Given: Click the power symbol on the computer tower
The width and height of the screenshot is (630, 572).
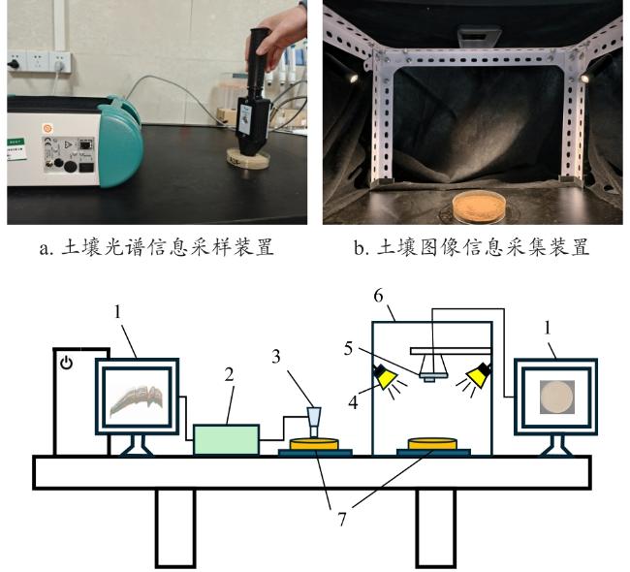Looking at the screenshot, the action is pyautogui.click(x=66, y=364).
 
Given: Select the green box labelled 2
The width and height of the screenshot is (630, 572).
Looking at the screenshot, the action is pyautogui.click(x=226, y=440).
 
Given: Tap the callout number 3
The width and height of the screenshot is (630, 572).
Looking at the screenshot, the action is pyautogui.click(x=276, y=357).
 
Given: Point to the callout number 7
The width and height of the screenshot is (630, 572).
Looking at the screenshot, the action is pyautogui.click(x=341, y=520).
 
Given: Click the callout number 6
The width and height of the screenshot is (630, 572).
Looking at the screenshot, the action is pyautogui.click(x=378, y=297).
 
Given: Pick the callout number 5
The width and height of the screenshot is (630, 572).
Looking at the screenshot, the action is pyautogui.click(x=348, y=348).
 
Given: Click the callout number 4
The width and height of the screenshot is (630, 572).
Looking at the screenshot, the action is pyautogui.click(x=353, y=402).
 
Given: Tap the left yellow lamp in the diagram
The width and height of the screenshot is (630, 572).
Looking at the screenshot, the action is pyautogui.click(x=385, y=377).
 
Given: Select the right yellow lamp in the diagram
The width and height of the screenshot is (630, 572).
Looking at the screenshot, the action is pyautogui.click(x=479, y=375).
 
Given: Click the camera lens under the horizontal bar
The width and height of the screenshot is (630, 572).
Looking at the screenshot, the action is pyautogui.click(x=432, y=367).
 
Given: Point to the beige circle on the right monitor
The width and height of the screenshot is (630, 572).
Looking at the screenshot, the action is pyautogui.click(x=557, y=397).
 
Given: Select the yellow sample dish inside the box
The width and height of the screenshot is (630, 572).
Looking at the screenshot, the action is pyautogui.click(x=432, y=444).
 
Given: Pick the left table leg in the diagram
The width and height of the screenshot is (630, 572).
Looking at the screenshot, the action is pyautogui.click(x=175, y=527).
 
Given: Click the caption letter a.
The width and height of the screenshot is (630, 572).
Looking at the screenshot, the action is pyautogui.click(x=44, y=249).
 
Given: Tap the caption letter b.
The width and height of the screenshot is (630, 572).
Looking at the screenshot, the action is pyautogui.click(x=359, y=247).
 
